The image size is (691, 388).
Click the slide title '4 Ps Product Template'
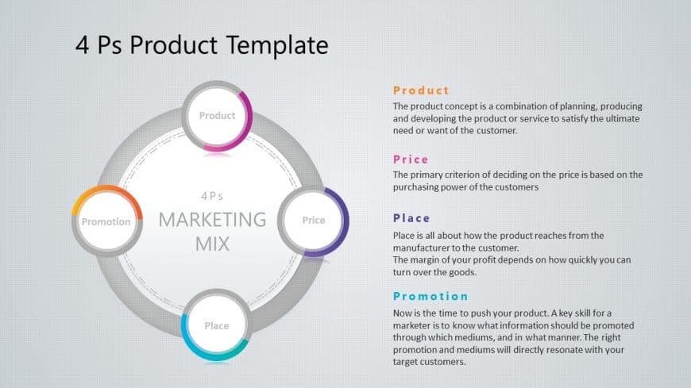pyautogui.click(x=201, y=45)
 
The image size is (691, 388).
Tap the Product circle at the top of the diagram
pyautogui.click(x=217, y=116)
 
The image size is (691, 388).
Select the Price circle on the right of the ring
pyautogui.click(x=313, y=221)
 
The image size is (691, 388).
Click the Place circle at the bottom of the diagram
pyautogui.click(x=216, y=325)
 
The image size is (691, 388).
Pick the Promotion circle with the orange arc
pyautogui.click(x=106, y=221)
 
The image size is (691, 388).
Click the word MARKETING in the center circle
pyautogui.click(x=212, y=219)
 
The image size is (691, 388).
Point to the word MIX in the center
pyautogui.click(x=212, y=244)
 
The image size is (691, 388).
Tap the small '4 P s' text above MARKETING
pyautogui.click(x=212, y=195)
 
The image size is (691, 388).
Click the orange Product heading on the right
pyautogui.click(x=421, y=90)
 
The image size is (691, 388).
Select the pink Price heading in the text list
pyautogui.click(x=411, y=159)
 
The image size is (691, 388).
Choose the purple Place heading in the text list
pyautogui.click(x=411, y=218)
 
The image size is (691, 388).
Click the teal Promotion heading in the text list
pyautogui.click(x=430, y=296)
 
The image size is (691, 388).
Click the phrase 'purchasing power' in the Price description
pyautogui.click(x=429, y=187)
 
